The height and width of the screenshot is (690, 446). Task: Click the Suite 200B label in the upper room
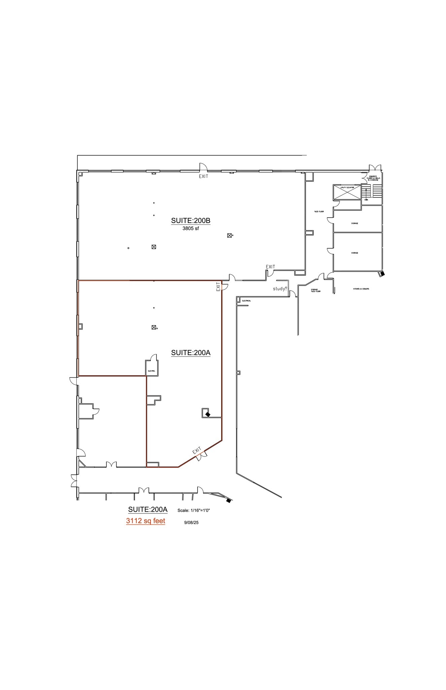(191, 221)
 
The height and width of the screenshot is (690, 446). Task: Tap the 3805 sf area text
(191, 228)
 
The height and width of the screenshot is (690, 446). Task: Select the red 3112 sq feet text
(145, 521)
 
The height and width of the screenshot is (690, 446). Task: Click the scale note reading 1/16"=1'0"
(194, 510)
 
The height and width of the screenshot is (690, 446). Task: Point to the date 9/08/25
(191, 523)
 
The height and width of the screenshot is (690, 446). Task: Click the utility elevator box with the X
(347, 192)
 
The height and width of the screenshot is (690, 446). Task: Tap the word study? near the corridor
(280, 289)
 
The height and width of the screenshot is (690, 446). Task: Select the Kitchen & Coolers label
(361, 289)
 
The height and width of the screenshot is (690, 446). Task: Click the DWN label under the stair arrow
(366, 200)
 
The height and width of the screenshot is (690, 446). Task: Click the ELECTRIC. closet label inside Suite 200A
(151, 371)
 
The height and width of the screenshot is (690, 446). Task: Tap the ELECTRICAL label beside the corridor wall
(246, 301)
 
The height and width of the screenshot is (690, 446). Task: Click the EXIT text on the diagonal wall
(197, 450)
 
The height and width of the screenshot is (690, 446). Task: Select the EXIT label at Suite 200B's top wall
(203, 177)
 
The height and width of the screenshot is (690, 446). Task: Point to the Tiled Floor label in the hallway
(319, 212)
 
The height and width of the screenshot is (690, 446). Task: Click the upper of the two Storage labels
(354, 223)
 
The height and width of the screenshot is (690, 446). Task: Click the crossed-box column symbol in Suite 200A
(153, 327)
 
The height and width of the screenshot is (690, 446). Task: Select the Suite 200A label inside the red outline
(191, 353)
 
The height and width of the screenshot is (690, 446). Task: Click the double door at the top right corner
(375, 168)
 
